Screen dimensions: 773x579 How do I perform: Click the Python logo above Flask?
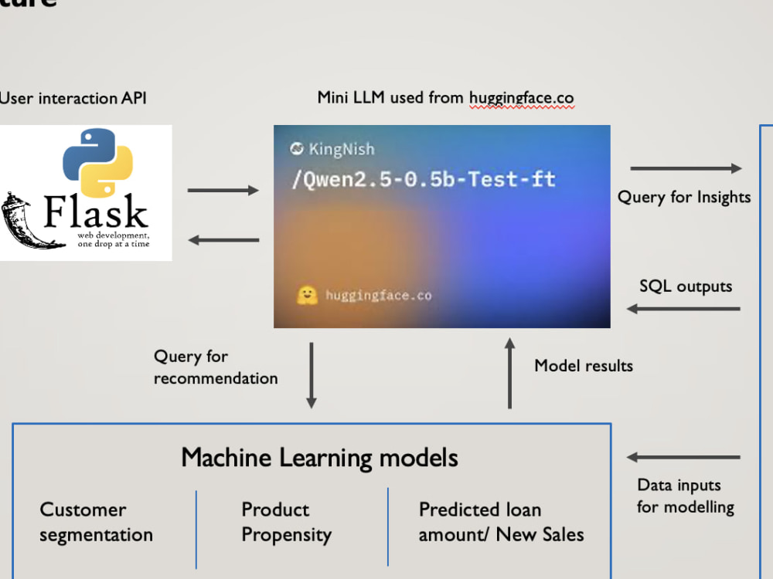pos(97,162)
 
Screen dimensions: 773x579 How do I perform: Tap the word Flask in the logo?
pos(96,212)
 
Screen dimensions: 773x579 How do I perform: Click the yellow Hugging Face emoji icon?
pos(307,296)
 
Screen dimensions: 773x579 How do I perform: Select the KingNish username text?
pos(342,149)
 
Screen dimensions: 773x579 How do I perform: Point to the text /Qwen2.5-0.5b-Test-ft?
pos(424,179)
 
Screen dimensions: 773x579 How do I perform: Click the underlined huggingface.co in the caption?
pos(522,98)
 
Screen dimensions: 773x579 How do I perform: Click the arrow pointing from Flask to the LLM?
pos(223,191)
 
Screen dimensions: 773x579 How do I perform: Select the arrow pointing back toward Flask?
pos(224,240)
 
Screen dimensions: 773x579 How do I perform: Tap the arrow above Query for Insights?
pos(686,168)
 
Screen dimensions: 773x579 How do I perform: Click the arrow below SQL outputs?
pos(683,310)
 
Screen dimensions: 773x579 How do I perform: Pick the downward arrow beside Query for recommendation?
pos(312,376)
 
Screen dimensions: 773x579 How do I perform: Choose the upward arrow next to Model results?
pos(509,373)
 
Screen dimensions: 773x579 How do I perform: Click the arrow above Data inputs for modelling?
pos(683,457)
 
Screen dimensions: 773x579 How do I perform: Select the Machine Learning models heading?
pos(319,457)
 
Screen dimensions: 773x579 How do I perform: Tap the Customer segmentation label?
pos(96,523)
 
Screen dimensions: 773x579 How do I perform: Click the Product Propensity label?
pos(287,523)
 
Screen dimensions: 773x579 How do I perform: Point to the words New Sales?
pos(540,535)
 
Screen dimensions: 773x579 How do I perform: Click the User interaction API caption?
pos(73,98)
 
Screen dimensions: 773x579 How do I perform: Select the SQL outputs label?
pos(686,286)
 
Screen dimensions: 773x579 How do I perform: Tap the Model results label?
pos(584,366)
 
